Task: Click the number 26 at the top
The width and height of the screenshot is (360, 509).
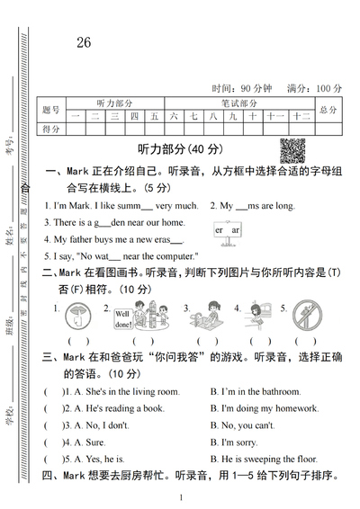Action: pos(84,42)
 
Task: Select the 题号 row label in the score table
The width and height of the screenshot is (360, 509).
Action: pos(51,110)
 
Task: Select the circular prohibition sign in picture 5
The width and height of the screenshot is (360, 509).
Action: pos(310,317)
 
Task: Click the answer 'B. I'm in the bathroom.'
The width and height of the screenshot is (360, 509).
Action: pos(257,391)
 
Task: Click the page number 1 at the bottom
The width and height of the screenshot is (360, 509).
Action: pos(181,497)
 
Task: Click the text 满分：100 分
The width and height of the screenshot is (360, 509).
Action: pos(314,88)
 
